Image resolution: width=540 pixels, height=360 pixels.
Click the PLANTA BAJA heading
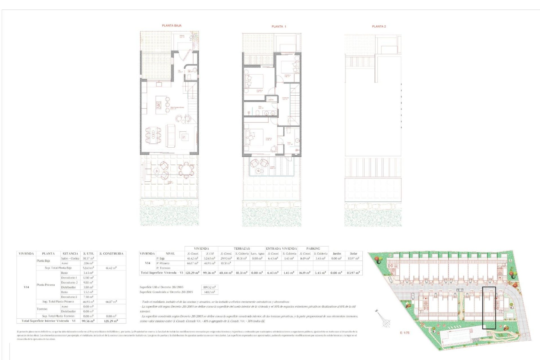[172, 26]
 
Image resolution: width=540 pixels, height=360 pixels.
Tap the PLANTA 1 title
[279, 26]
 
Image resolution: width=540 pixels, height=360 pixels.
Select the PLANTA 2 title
[379, 26]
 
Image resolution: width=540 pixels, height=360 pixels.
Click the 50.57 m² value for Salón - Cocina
[88, 258]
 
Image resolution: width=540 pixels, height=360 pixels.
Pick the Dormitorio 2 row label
[69, 282]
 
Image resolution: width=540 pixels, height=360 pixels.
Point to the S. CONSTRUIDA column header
[111, 254]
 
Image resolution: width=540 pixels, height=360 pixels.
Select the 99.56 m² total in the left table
[88, 321]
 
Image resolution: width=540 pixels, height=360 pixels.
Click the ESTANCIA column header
[70, 254]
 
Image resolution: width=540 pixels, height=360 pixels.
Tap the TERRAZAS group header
[242, 249]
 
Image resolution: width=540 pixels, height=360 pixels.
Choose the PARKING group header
[313, 249]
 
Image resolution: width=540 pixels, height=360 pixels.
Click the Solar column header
[354, 254]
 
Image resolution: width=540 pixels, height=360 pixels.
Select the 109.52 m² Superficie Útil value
[210, 287]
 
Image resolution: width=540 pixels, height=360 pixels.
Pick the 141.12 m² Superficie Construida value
[210, 292]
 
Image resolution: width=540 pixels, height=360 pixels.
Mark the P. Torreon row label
[163, 268]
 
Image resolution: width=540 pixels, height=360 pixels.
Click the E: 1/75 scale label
[405, 333]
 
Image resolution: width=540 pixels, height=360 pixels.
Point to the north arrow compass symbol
[385, 321]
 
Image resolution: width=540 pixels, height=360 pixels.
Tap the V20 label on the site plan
[421, 291]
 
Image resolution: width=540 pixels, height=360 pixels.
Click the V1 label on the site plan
[397, 285]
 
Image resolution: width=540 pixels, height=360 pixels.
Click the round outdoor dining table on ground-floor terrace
[186, 170]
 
